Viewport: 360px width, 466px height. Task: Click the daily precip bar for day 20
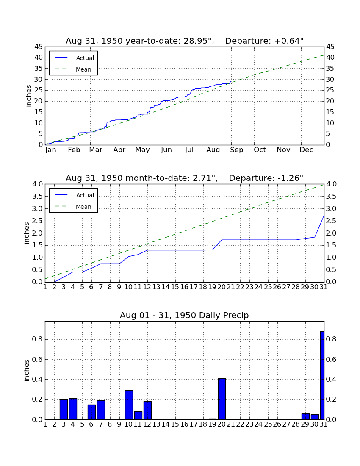[x=222, y=399]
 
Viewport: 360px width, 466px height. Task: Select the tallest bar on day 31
[x=322, y=375]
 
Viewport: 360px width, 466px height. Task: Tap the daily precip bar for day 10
[x=129, y=405]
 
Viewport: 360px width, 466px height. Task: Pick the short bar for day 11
[x=138, y=416]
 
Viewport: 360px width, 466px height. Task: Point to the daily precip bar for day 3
[x=64, y=410]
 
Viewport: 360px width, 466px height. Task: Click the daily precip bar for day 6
[x=91, y=412]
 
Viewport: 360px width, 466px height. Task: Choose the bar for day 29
[x=305, y=416]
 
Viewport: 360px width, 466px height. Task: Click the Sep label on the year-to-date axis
[x=236, y=150]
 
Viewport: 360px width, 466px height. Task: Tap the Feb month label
[x=74, y=150]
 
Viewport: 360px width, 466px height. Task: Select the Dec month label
[x=306, y=150]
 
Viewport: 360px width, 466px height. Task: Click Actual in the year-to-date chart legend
[x=85, y=58]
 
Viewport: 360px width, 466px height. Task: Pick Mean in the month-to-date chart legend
[x=83, y=207]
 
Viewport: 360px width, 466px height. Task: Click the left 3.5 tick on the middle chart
[x=38, y=197]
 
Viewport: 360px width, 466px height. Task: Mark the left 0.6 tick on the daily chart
[x=38, y=360]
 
